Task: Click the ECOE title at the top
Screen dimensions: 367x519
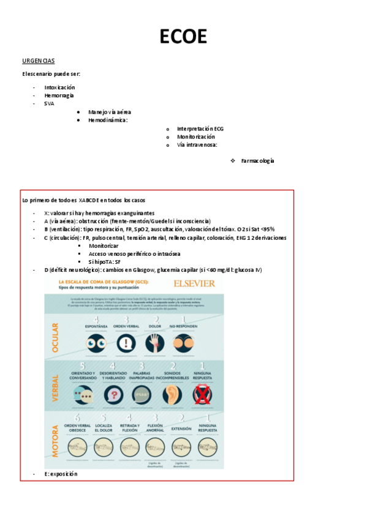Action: point(183,37)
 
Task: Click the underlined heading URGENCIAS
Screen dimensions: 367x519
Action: point(38,61)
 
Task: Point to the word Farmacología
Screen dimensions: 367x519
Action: point(257,160)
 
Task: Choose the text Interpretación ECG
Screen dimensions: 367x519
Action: point(200,129)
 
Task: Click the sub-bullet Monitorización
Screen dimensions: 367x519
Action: point(196,137)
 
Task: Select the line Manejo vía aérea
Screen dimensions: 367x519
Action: point(109,113)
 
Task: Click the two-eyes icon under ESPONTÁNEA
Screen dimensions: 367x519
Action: point(96,343)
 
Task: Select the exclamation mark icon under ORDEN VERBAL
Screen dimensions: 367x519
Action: point(126,343)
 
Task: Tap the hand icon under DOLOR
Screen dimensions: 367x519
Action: point(155,343)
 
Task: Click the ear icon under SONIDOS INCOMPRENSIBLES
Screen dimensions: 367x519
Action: point(172,395)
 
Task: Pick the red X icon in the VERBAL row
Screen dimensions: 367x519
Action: point(202,395)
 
